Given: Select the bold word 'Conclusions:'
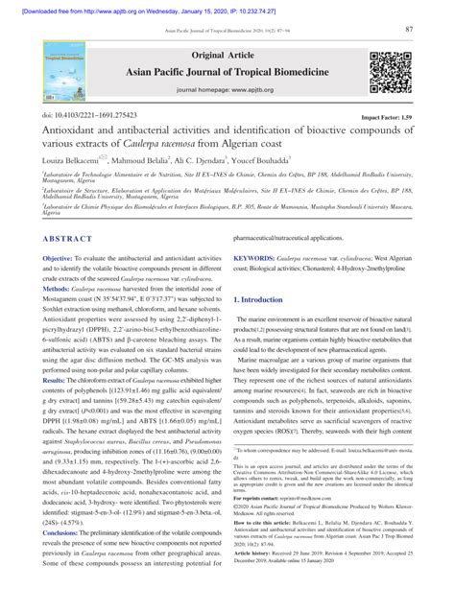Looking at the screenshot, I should [65, 557].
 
